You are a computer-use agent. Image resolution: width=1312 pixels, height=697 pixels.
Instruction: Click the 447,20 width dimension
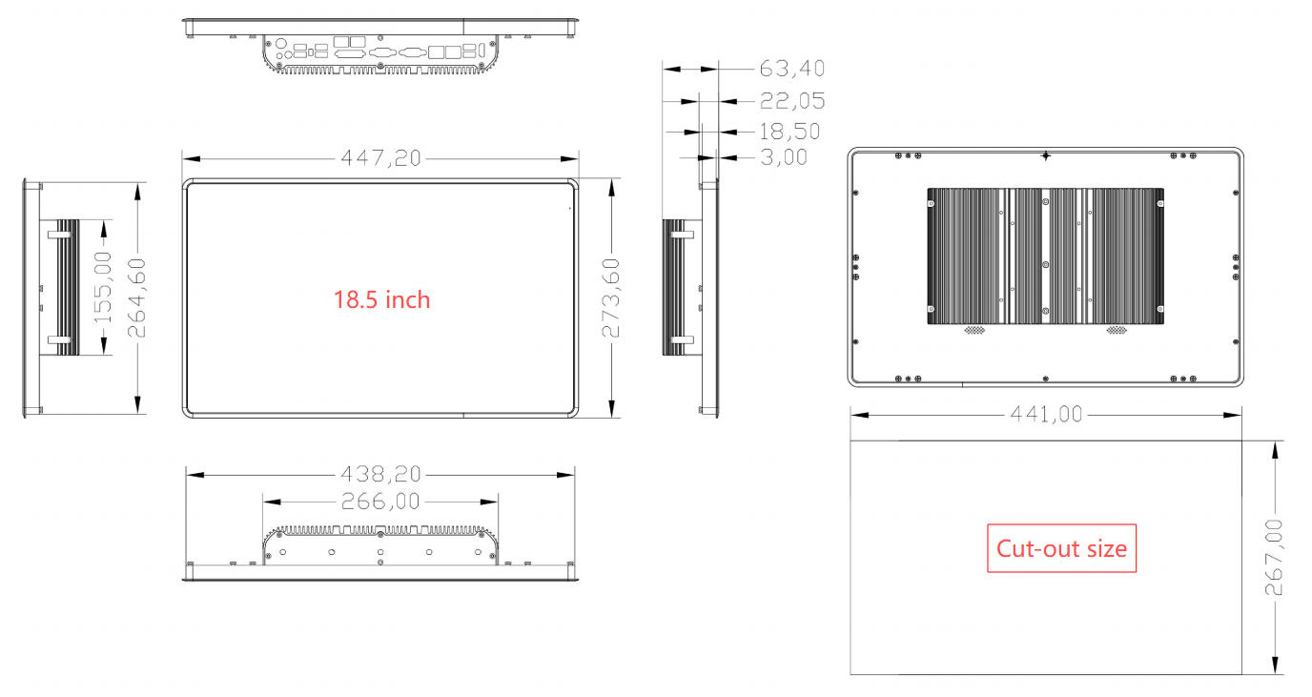coord(380,158)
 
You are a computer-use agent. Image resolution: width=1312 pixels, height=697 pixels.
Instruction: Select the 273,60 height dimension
coord(611,297)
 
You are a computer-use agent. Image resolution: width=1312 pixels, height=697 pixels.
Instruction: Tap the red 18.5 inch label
coord(381,299)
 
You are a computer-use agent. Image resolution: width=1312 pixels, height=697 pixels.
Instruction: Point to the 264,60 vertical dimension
coord(137,297)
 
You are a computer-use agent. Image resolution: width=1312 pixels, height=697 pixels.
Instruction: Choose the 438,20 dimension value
coord(380,474)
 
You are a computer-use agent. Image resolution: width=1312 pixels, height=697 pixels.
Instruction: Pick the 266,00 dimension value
coord(380,501)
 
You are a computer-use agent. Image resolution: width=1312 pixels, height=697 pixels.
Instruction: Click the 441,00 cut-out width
coord(1046,414)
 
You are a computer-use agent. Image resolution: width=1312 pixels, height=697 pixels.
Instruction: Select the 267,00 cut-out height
coord(1274,557)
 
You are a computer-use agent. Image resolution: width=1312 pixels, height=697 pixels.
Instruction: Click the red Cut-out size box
coord(1061,548)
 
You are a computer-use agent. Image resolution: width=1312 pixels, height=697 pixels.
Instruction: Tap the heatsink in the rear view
coord(1046,255)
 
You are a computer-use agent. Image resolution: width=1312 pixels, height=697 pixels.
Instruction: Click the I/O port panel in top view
coord(380,55)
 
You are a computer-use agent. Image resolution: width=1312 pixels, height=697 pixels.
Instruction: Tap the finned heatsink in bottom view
coord(380,529)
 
